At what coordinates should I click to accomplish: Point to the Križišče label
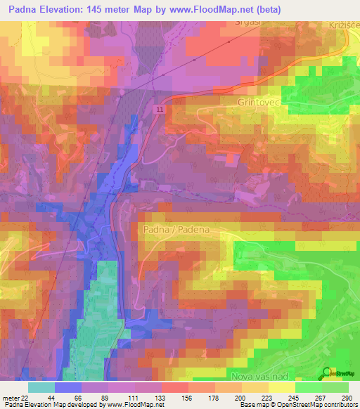(x=344, y=24)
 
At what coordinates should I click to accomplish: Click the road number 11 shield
(x=161, y=110)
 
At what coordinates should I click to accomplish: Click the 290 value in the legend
(x=345, y=397)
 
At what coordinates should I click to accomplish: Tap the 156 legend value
(x=187, y=397)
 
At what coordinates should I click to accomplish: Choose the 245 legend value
(x=292, y=397)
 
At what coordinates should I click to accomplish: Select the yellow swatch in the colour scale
(x=282, y=387)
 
